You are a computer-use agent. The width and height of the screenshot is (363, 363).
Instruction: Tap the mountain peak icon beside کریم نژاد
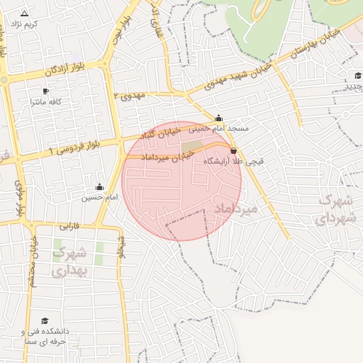(x=25, y=13)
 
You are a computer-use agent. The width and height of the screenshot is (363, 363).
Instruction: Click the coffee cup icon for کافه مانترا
(x=46, y=91)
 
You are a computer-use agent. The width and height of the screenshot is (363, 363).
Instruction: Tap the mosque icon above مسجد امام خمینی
(x=218, y=118)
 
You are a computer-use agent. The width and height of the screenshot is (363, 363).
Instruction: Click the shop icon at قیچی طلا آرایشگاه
(x=234, y=150)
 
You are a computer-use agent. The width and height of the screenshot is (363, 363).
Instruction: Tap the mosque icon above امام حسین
(x=99, y=187)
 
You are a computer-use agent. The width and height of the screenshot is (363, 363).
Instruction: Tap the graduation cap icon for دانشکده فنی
(x=45, y=321)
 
